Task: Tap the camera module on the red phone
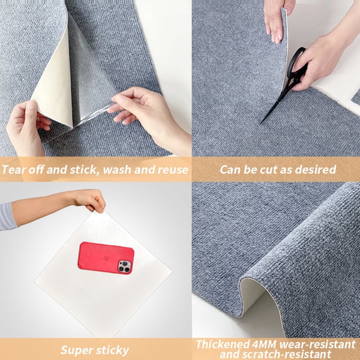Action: (125, 266)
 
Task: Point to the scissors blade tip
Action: (262, 123)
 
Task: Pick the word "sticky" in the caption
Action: (114, 350)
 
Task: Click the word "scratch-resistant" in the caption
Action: (289, 355)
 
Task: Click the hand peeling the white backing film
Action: (24, 126)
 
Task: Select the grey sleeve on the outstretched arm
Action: (7, 216)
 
